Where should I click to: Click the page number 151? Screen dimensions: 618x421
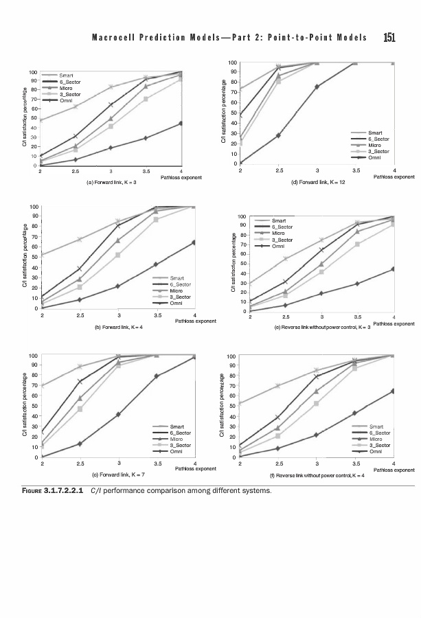point(389,37)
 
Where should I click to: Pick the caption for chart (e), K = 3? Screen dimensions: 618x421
point(322,328)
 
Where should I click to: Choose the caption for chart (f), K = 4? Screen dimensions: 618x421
point(315,474)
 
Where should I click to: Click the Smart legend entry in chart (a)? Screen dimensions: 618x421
point(67,74)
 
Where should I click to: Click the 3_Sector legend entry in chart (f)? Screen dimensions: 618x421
point(380,446)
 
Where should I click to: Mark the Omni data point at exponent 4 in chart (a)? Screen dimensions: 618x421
point(181,124)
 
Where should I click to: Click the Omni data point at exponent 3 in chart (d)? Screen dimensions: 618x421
point(317,87)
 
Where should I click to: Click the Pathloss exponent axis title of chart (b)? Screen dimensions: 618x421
point(196,321)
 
